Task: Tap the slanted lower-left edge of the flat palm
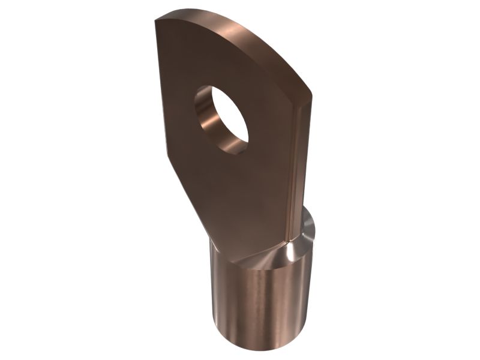(186, 204)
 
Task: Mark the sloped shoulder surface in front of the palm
(264, 255)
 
